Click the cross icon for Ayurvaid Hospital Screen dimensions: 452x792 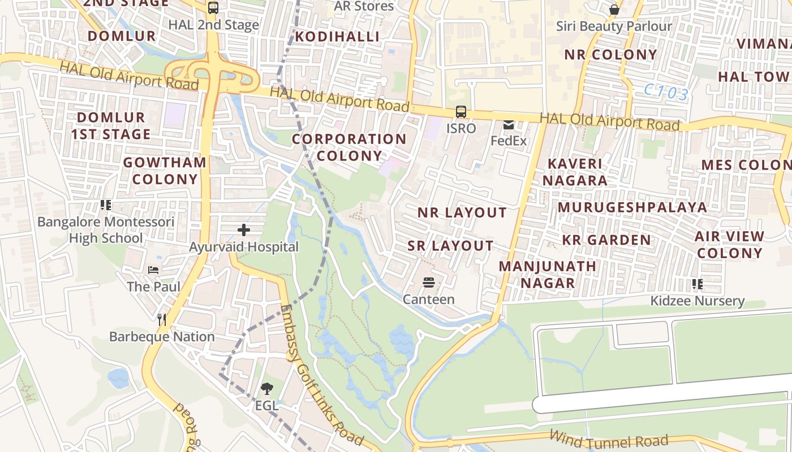pos(244,230)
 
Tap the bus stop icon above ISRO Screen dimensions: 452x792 pos(461,112)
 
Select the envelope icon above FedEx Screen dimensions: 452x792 pos(509,124)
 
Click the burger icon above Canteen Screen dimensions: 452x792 pos(428,282)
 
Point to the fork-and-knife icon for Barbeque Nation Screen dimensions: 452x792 pos(162,320)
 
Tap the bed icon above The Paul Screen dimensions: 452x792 pos(153,270)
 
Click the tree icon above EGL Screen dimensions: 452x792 pos(266,389)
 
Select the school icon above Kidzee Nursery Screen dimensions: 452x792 pos(697,284)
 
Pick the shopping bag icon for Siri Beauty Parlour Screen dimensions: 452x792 pos(614,10)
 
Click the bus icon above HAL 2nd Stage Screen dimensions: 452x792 pos(213,8)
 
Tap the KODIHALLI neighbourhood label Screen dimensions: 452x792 pos(338,37)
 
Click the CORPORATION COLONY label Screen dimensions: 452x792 pos(349,147)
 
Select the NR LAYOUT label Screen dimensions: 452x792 pos(462,212)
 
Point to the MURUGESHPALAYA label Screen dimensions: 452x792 pos(632,207)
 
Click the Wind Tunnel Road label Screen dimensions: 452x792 pos(609,440)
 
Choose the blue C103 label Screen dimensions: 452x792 pos(666,92)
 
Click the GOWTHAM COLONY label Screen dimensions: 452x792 pos(165,171)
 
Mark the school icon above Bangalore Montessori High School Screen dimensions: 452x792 pos(106,205)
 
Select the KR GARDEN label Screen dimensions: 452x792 pos(606,240)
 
